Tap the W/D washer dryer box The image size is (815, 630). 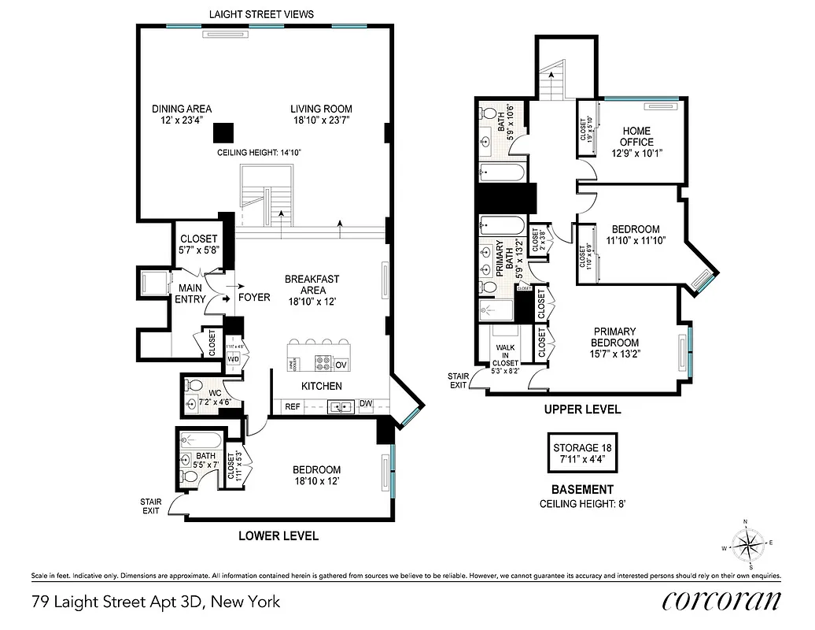click(x=234, y=359)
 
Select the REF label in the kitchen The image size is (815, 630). click(x=293, y=406)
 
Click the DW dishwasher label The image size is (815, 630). click(x=366, y=405)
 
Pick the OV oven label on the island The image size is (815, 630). click(x=341, y=365)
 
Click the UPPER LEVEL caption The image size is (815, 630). click(x=583, y=409)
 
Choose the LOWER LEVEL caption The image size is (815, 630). click(x=278, y=536)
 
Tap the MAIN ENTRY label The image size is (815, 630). click(x=190, y=294)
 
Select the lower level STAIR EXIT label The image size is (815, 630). click(x=149, y=505)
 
